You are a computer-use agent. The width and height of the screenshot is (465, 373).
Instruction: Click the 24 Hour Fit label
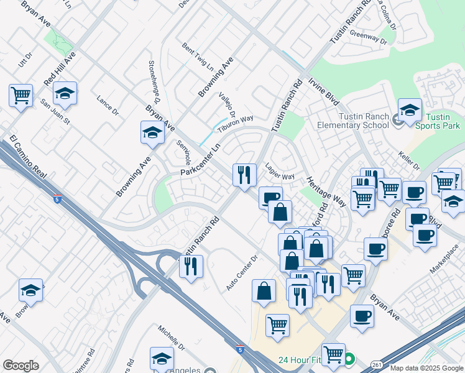pyautogui.click(x=300, y=360)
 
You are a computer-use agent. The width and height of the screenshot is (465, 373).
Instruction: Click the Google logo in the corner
pyautogui.click(x=21, y=366)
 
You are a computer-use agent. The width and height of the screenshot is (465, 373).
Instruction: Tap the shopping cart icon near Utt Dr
pyautogui.click(x=21, y=96)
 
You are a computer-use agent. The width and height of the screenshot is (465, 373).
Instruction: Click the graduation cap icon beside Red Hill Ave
pyautogui.click(x=65, y=94)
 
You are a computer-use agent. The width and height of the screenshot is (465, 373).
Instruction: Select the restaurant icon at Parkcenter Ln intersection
pyautogui.click(x=244, y=175)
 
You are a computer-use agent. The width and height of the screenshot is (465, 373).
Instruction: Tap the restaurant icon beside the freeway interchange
pyautogui.click(x=191, y=267)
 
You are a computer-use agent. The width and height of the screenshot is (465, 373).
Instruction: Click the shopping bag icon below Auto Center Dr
pyautogui.click(x=264, y=291)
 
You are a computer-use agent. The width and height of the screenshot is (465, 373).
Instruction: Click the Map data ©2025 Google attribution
pyautogui.click(x=426, y=368)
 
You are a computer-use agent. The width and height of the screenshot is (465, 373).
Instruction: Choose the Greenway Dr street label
pyautogui.click(x=368, y=37)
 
